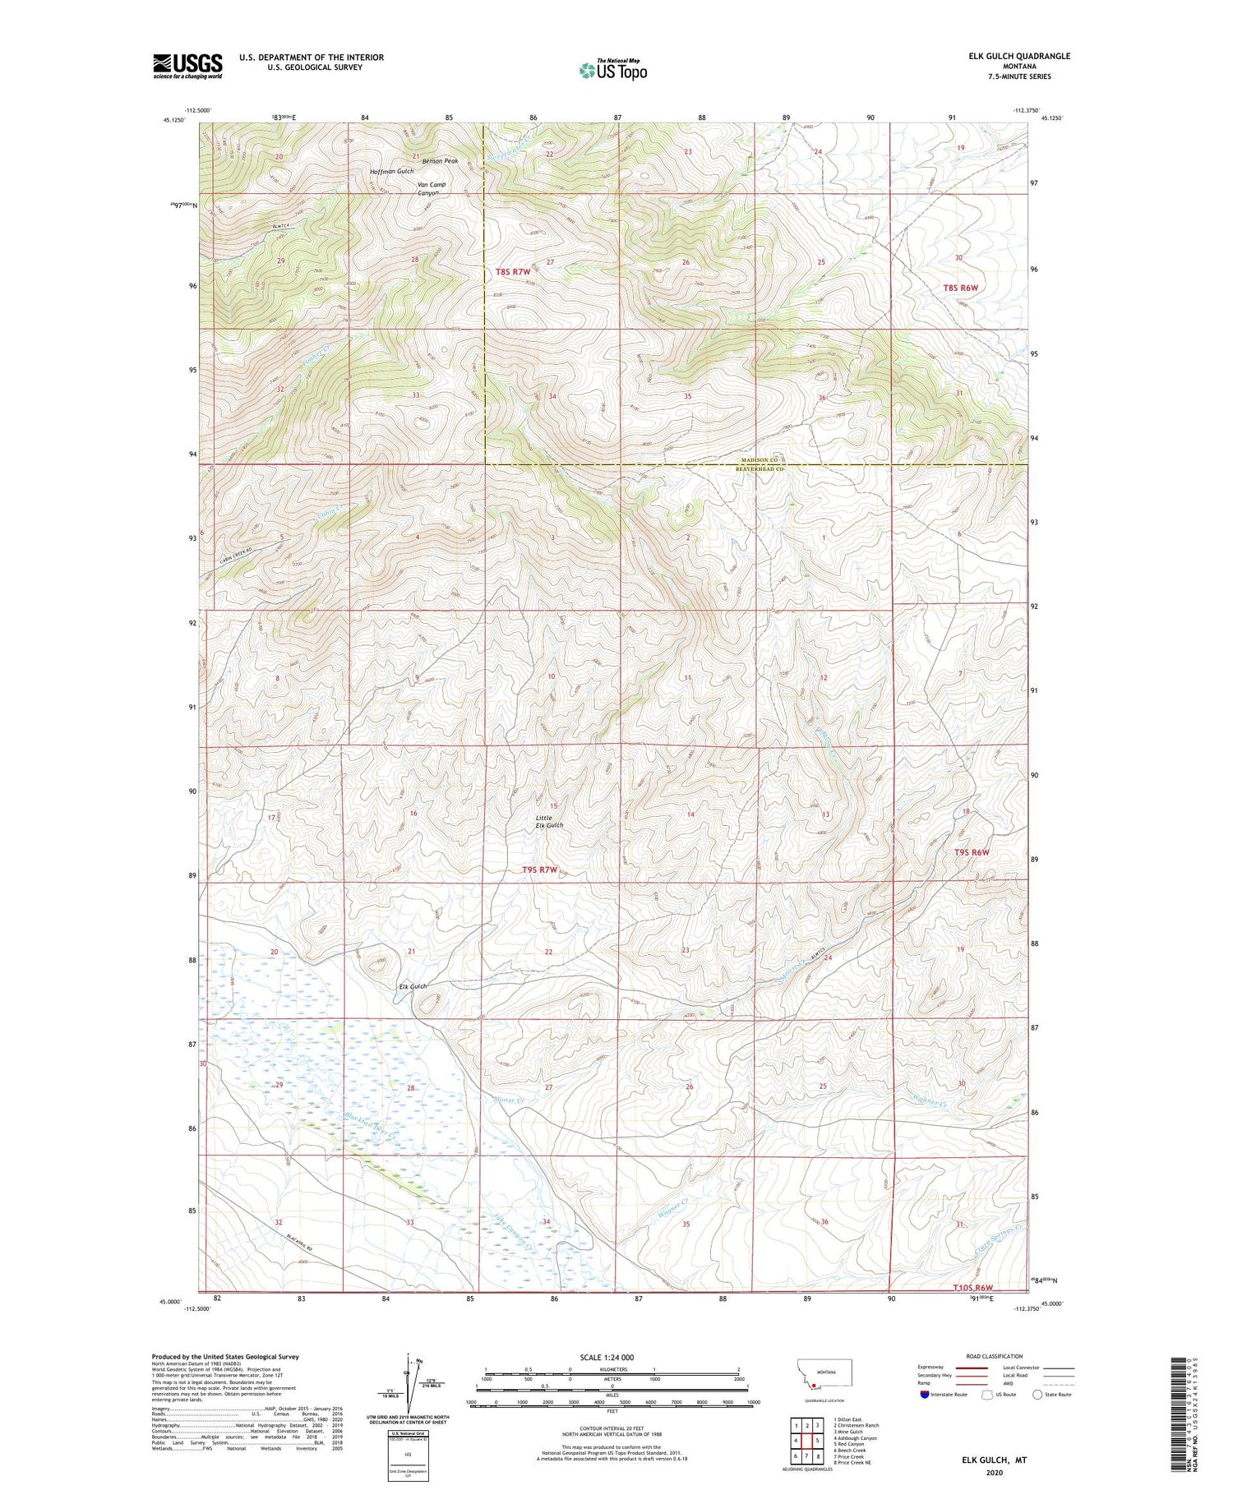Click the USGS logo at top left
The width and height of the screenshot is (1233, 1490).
tap(187, 66)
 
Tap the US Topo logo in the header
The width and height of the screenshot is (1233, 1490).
tap(613, 71)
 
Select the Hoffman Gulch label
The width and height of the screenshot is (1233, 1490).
tap(391, 171)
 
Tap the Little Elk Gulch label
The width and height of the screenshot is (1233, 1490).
tap(549, 821)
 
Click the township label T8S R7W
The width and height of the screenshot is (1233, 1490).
tap(513, 271)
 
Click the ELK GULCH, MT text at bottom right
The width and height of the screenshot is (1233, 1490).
tap(995, 1460)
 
